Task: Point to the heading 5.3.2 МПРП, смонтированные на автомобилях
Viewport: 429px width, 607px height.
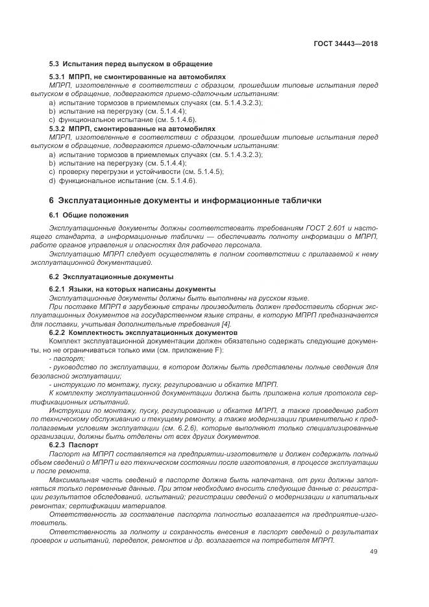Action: click(141, 129)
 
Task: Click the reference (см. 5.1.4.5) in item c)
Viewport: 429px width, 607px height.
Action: click(203, 171)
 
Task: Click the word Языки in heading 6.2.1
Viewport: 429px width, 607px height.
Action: click(83, 288)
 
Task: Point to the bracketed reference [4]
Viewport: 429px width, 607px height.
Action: click(225, 324)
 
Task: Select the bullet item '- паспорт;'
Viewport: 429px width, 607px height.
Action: click(67, 358)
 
